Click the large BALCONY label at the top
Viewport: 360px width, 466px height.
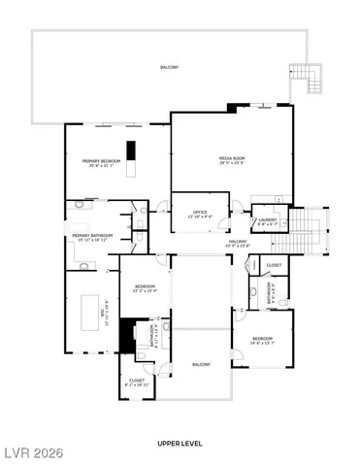pos(170,67)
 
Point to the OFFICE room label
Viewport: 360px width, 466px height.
pos(200,214)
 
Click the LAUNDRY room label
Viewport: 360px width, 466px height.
pos(268,221)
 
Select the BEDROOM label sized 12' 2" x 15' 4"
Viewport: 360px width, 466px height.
pos(145,287)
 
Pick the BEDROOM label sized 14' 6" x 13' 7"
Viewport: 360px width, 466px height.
pos(261,341)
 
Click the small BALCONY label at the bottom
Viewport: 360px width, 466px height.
pos(201,364)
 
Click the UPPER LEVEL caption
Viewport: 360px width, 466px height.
pos(180,443)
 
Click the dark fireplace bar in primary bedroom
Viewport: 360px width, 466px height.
pos(135,152)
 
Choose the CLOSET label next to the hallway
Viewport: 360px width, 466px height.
pos(274,265)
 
